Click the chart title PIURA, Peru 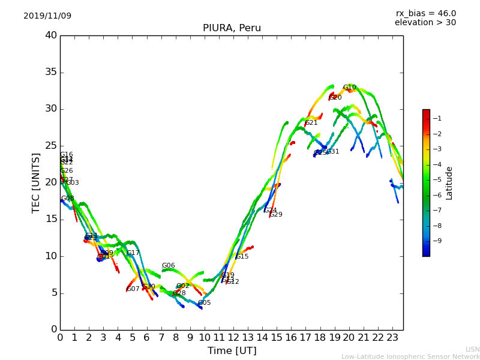(232, 28)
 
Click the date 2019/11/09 (47, 16)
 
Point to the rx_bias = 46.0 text (425, 13)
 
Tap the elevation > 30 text (425, 23)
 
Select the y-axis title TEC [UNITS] (36, 182)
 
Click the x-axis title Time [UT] (232, 351)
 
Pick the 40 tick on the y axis (51, 35)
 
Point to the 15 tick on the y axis (51, 219)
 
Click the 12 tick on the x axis (233, 338)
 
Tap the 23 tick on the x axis (392, 338)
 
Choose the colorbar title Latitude (449, 182)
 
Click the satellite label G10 (349, 88)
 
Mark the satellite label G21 (311, 123)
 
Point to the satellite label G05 (204, 303)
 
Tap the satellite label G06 (168, 266)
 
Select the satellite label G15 (242, 257)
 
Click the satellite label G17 (133, 253)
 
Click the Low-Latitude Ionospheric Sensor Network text (410, 356)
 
